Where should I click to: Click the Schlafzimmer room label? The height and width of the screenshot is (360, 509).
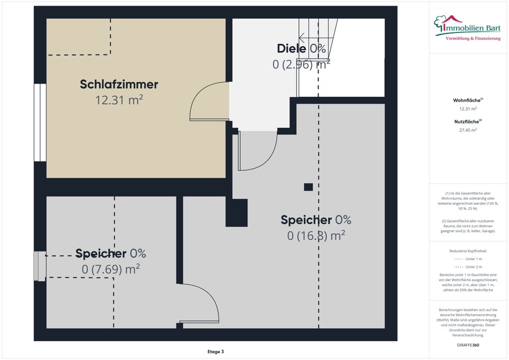tap(119, 85)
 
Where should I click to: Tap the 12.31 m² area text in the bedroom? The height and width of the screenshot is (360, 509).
tap(119, 100)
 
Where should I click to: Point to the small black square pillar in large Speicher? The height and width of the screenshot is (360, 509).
tap(308, 187)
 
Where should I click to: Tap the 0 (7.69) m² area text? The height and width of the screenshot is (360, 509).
tap(110, 269)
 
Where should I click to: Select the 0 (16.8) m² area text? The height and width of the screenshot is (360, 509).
tap(316, 235)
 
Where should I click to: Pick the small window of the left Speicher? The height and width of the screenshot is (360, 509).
tap(39, 265)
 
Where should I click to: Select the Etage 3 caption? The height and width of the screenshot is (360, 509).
tap(215, 351)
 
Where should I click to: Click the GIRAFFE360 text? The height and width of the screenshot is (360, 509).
tap(468, 345)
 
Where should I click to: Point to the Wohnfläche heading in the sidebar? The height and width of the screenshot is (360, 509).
tap(468, 100)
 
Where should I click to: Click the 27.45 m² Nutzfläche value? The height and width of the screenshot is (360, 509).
tap(468, 130)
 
